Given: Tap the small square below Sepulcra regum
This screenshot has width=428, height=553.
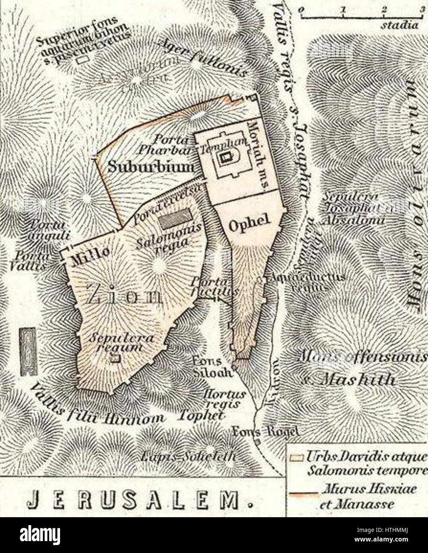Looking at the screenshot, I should click(x=115, y=358).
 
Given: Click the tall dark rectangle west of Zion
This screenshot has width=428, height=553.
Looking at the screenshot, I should click(x=28, y=352).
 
